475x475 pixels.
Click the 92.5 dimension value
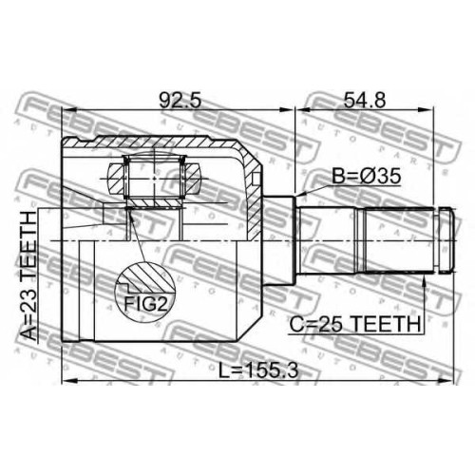coord(180,100)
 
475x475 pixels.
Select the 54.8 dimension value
coord(365,100)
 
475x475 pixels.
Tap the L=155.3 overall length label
coord(258,370)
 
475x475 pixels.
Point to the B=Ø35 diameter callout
coord(366,177)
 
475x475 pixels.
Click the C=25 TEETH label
coord(355,324)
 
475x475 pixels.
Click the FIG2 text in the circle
coord(145,304)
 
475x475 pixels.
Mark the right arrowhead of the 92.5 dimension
coord(286,110)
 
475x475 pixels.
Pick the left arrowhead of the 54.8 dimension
coord(303,110)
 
